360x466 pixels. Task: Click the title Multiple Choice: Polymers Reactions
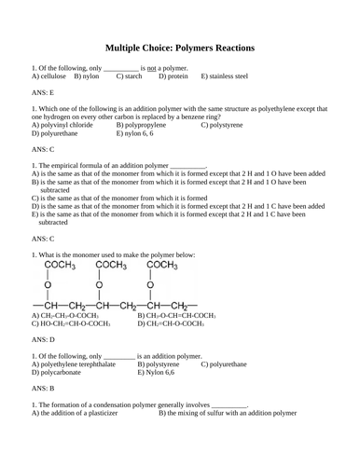(x=180, y=48)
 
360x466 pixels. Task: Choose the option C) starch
(x=131, y=76)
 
